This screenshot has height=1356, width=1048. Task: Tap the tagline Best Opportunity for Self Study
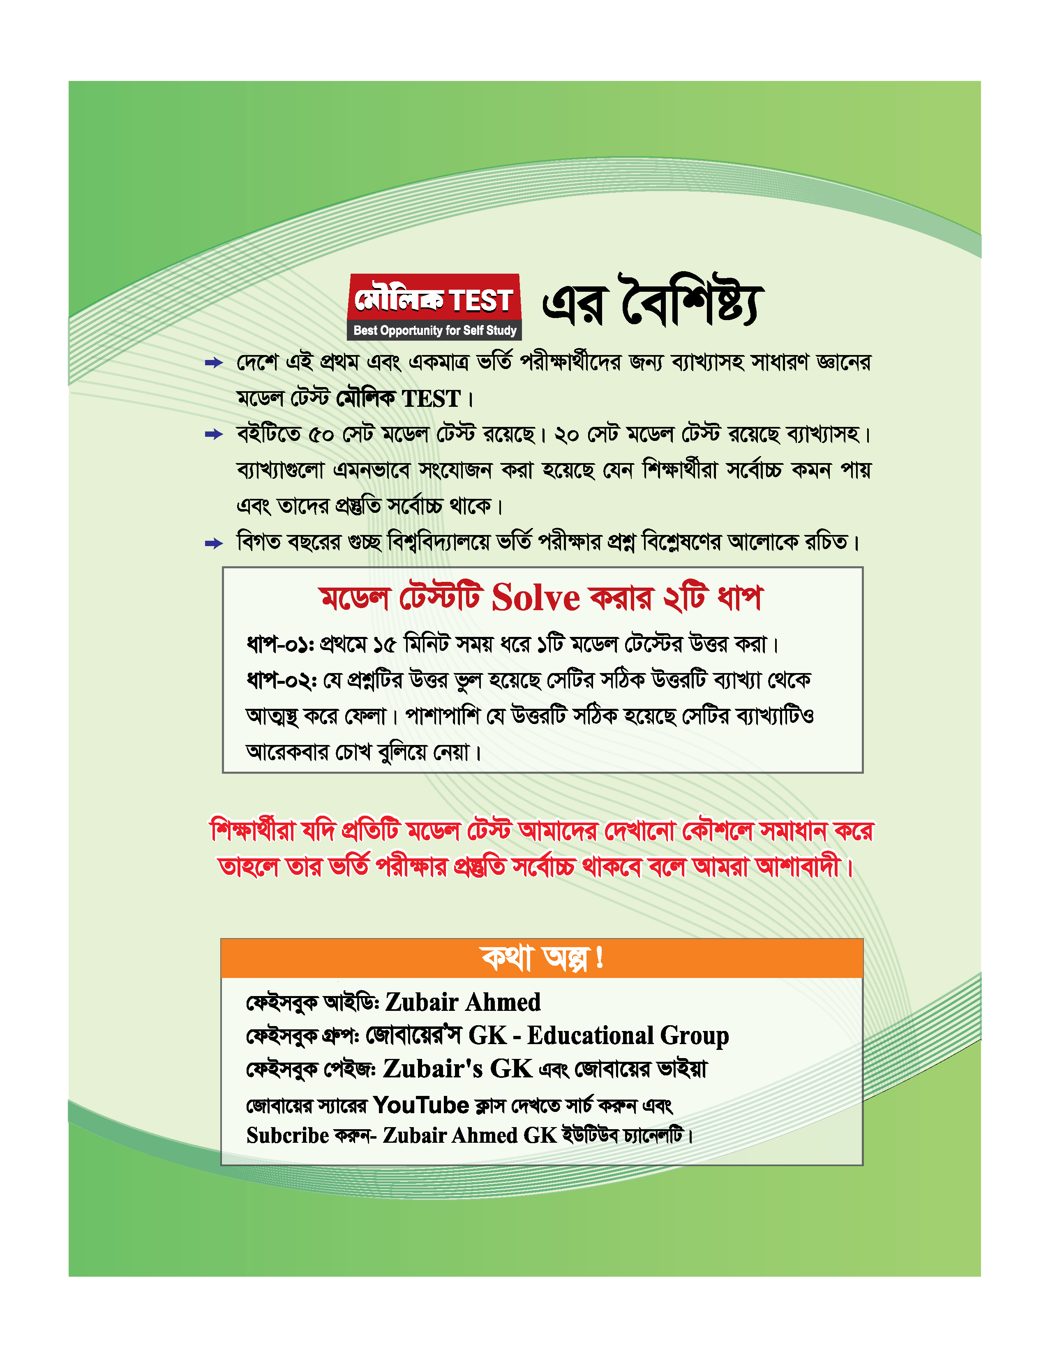(434, 330)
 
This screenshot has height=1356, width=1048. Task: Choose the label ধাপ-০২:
(282, 680)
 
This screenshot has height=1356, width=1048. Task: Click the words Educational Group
(628, 1035)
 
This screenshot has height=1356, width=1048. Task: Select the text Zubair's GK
(457, 1068)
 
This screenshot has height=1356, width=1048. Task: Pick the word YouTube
(421, 1105)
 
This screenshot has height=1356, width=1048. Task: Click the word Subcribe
(287, 1136)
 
